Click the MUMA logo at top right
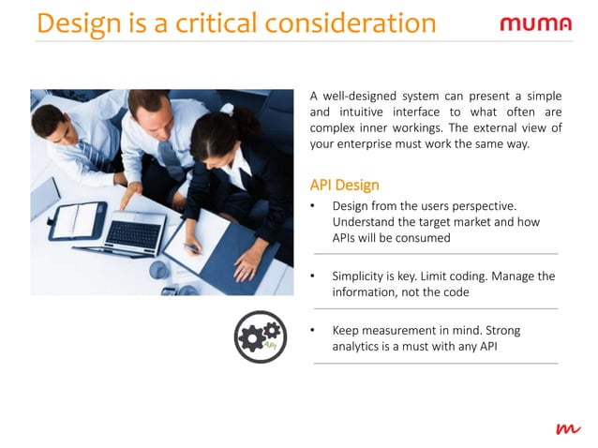[x=534, y=23]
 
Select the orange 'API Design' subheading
[x=344, y=185]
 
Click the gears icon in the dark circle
[x=260, y=336]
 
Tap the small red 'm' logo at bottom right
[x=567, y=428]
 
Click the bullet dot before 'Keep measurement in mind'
[x=313, y=331]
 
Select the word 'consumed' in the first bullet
[x=424, y=238]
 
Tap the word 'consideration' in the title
[x=360, y=23]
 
